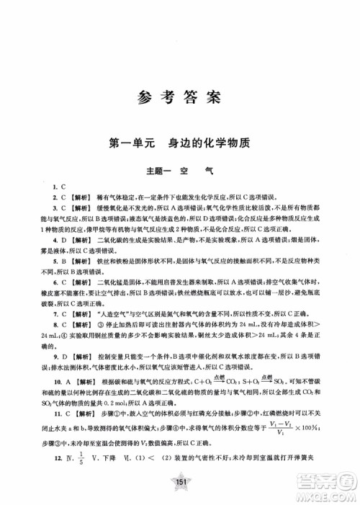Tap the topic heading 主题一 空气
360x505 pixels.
[180, 171]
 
